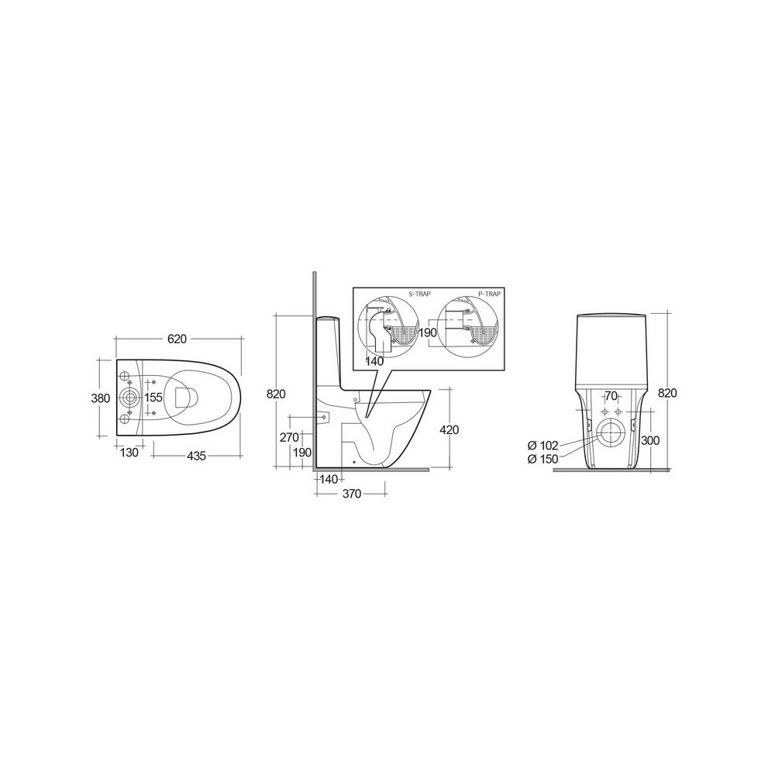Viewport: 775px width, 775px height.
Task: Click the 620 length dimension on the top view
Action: click(x=178, y=339)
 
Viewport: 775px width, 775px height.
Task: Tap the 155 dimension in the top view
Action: click(x=153, y=397)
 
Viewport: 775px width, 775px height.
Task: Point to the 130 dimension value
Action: click(x=129, y=453)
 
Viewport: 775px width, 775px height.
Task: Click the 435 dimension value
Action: click(x=196, y=456)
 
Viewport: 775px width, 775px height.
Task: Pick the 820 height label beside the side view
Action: click(x=277, y=393)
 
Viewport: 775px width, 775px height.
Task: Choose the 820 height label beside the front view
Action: click(x=668, y=393)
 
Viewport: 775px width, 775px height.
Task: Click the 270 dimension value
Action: click(x=289, y=437)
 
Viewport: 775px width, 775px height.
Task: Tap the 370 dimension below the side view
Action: click(x=352, y=494)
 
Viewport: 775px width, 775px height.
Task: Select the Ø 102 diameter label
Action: click(x=542, y=445)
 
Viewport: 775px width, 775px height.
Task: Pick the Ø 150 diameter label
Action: click(x=542, y=459)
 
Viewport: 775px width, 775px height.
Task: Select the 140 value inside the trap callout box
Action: click(x=374, y=360)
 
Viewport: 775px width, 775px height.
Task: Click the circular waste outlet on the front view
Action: click(x=611, y=434)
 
